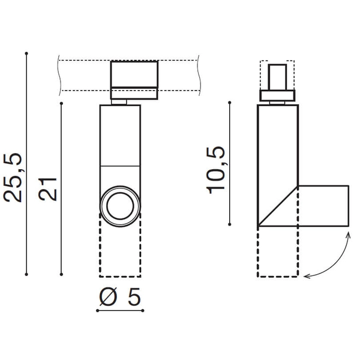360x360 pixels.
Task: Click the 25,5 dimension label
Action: point(13,178)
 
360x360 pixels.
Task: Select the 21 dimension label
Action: point(48,189)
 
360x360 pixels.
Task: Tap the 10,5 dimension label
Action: point(217,170)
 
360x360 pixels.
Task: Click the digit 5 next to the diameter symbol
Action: point(136,297)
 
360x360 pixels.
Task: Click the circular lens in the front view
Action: point(120,205)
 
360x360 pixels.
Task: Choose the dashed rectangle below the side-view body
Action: point(278,251)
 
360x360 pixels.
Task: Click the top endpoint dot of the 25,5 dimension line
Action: point(27,53)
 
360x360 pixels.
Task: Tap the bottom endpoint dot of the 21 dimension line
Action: point(61,275)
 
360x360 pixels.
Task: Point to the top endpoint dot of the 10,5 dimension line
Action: point(230,103)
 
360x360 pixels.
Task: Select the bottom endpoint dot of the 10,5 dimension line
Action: point(230,226)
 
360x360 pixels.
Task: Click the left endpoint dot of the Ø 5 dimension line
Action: point(98,311)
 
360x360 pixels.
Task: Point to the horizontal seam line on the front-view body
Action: point(120,165)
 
